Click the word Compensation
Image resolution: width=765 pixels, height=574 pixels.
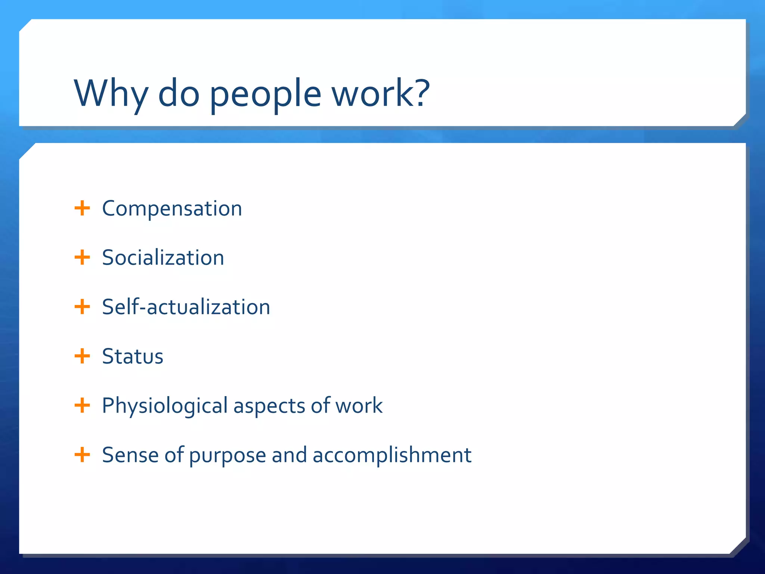coord(172,209)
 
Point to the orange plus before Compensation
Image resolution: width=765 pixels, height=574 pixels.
coord(82,208)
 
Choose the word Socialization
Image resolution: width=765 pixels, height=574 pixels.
coord(163,258)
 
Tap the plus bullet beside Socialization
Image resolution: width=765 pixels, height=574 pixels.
coord(82,257)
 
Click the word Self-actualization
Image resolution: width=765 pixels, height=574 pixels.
coord(186,307)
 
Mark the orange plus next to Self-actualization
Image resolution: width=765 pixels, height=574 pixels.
coord(82,307)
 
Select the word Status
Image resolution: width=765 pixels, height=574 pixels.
coord(133,357)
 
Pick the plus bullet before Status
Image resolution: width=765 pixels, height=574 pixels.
coord(82,356)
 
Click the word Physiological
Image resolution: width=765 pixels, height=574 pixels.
coord(165,406)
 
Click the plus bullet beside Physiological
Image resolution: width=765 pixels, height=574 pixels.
coord(82,405)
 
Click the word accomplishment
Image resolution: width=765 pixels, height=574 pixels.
coord(392,455)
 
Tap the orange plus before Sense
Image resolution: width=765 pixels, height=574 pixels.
coord(82,455)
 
